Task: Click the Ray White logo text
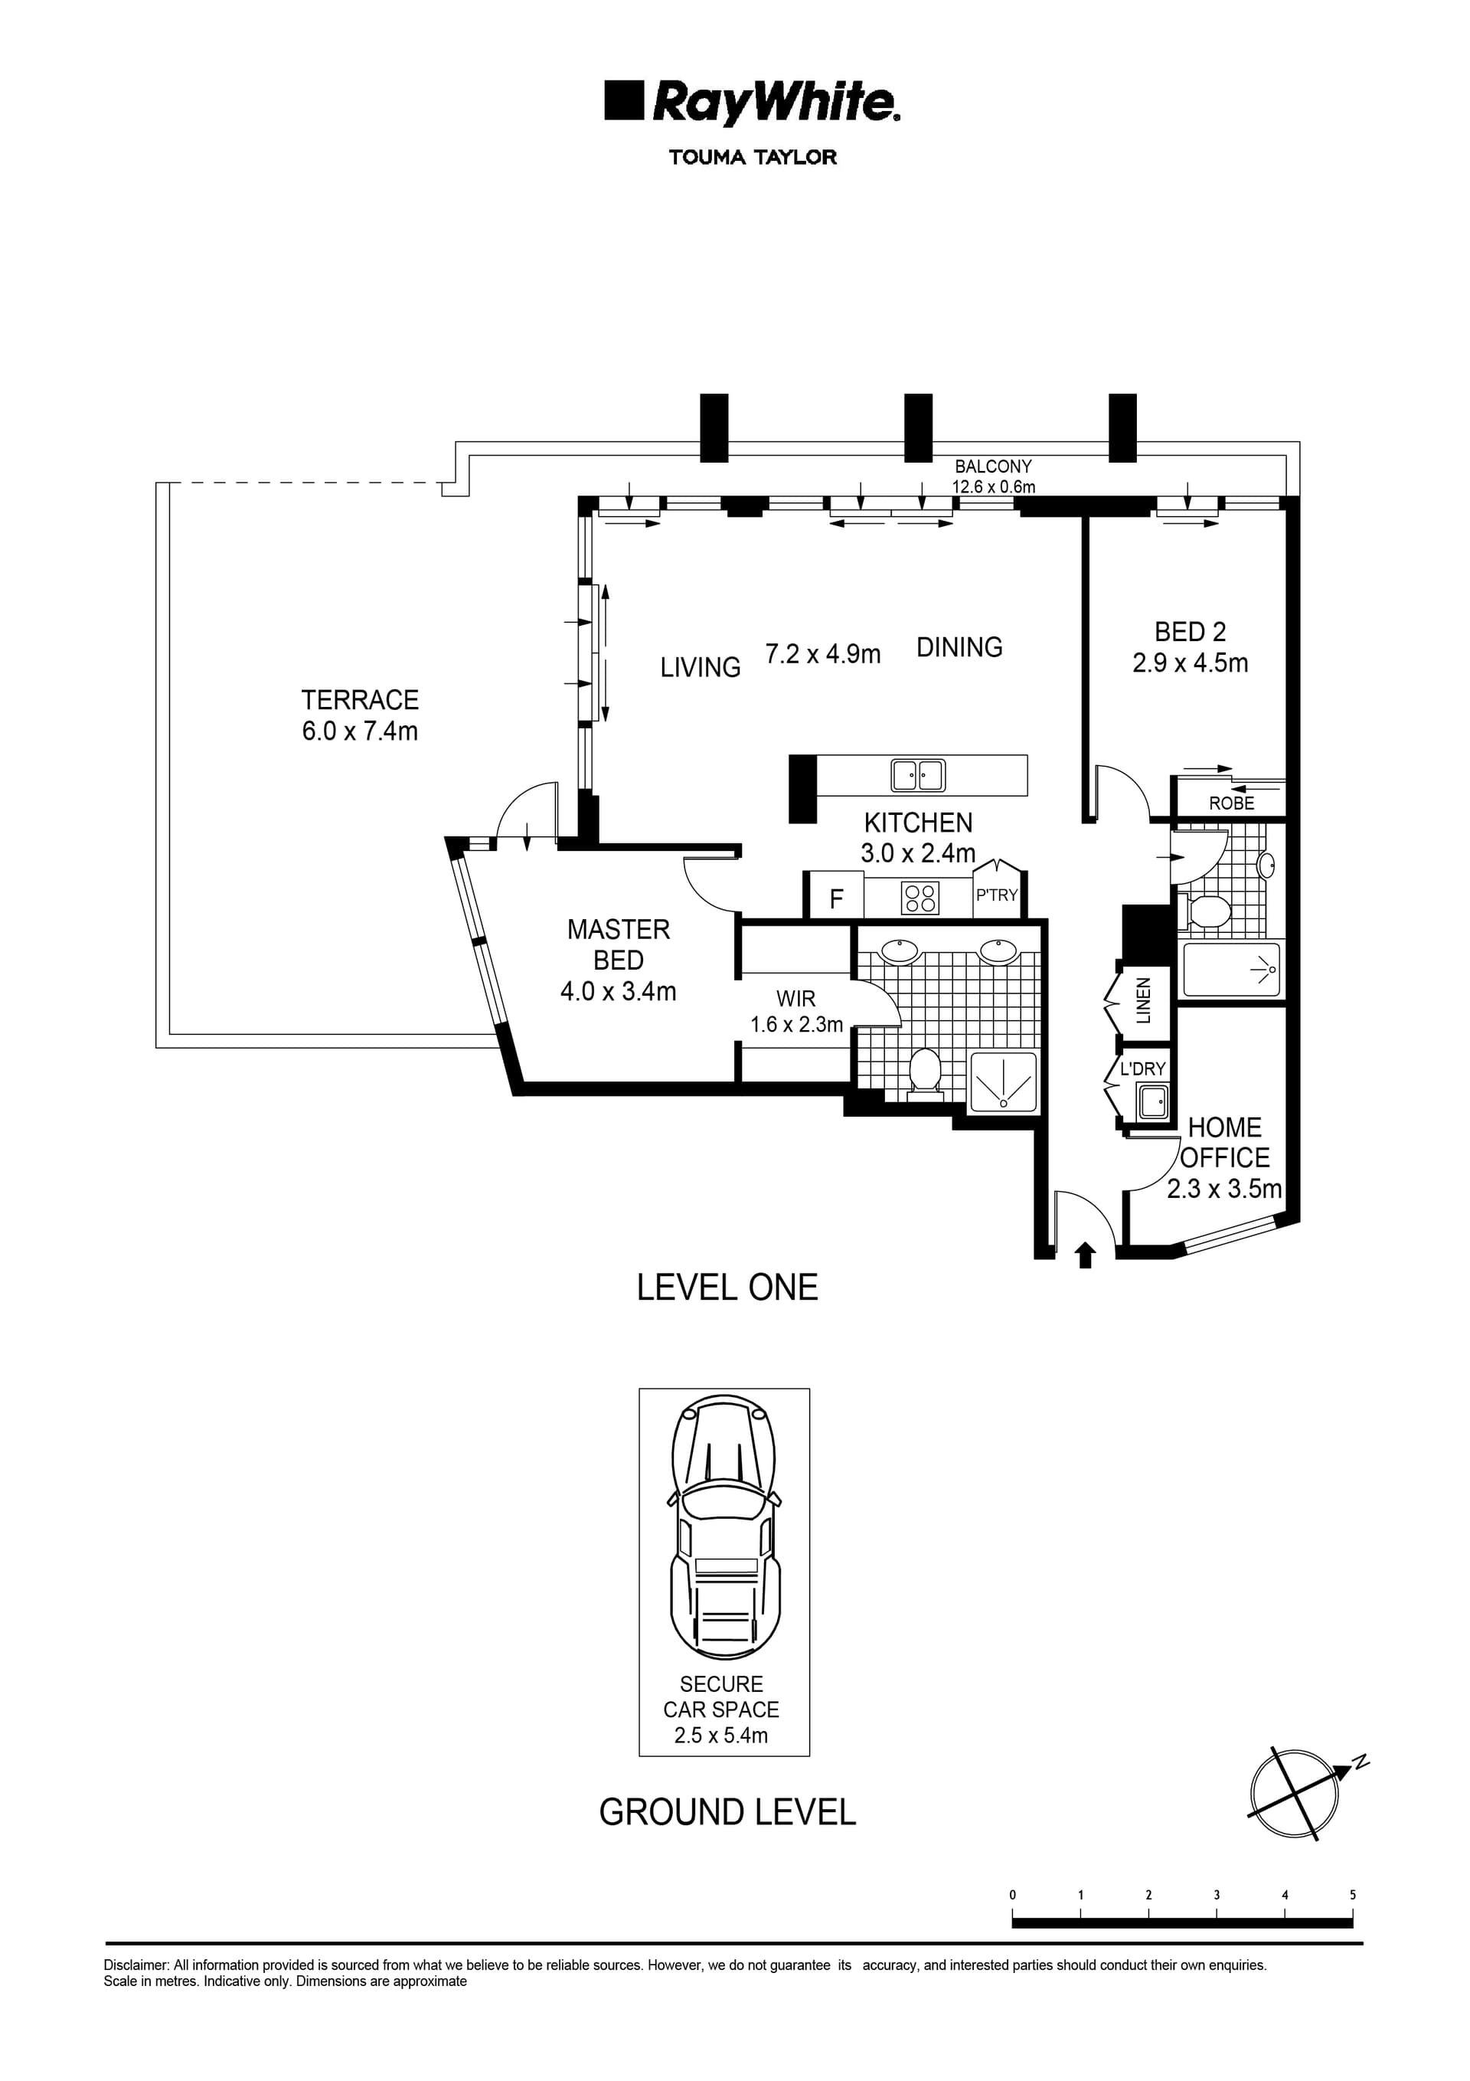[775, 103]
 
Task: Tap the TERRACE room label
[360, 700]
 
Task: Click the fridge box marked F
[835, 898]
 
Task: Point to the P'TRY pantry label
[996, 895]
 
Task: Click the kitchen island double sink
[917, 775]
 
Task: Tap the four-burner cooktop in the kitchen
[920, 898]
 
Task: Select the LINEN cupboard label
[1143, 1000]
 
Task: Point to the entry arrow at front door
[1085, 1255]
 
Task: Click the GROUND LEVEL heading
[727, 1812]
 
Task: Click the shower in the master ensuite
[1002, 1081]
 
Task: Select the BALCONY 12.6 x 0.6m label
[992, 476]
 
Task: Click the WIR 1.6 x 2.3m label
[795, 1012]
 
